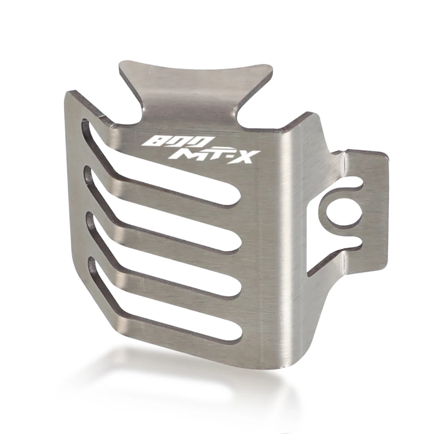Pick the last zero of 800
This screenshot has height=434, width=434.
coord(199,142)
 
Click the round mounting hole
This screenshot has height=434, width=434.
coord(343,214)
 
